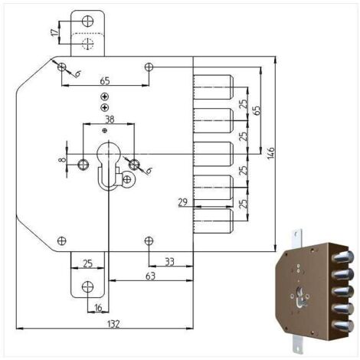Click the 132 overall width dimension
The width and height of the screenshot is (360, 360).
(113, 324)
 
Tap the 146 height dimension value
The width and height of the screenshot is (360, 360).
(271, 153)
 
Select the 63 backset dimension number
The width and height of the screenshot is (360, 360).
(150, 276)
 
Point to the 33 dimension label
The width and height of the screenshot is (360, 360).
(169, 262)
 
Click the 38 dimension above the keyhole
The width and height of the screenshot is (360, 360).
(110, 119)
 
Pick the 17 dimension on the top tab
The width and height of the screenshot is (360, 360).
(54, 32)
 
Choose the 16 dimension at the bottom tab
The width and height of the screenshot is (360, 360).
(98, 308)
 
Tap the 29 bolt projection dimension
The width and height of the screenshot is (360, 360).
(183, 202)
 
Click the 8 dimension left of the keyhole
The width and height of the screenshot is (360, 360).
(62, 160)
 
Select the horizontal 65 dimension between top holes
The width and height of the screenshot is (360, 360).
(105, 80)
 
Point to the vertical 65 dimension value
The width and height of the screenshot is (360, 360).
(257, 110)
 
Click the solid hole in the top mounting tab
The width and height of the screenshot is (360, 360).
(87, 21)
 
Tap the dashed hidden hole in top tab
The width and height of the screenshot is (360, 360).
(88, 44)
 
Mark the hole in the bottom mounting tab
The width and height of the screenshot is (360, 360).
(87, 286)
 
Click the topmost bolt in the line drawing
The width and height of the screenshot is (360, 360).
(213, 87)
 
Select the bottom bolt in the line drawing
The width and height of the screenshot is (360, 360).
(213, 221)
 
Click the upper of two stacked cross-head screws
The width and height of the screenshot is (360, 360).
(104, 97)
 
